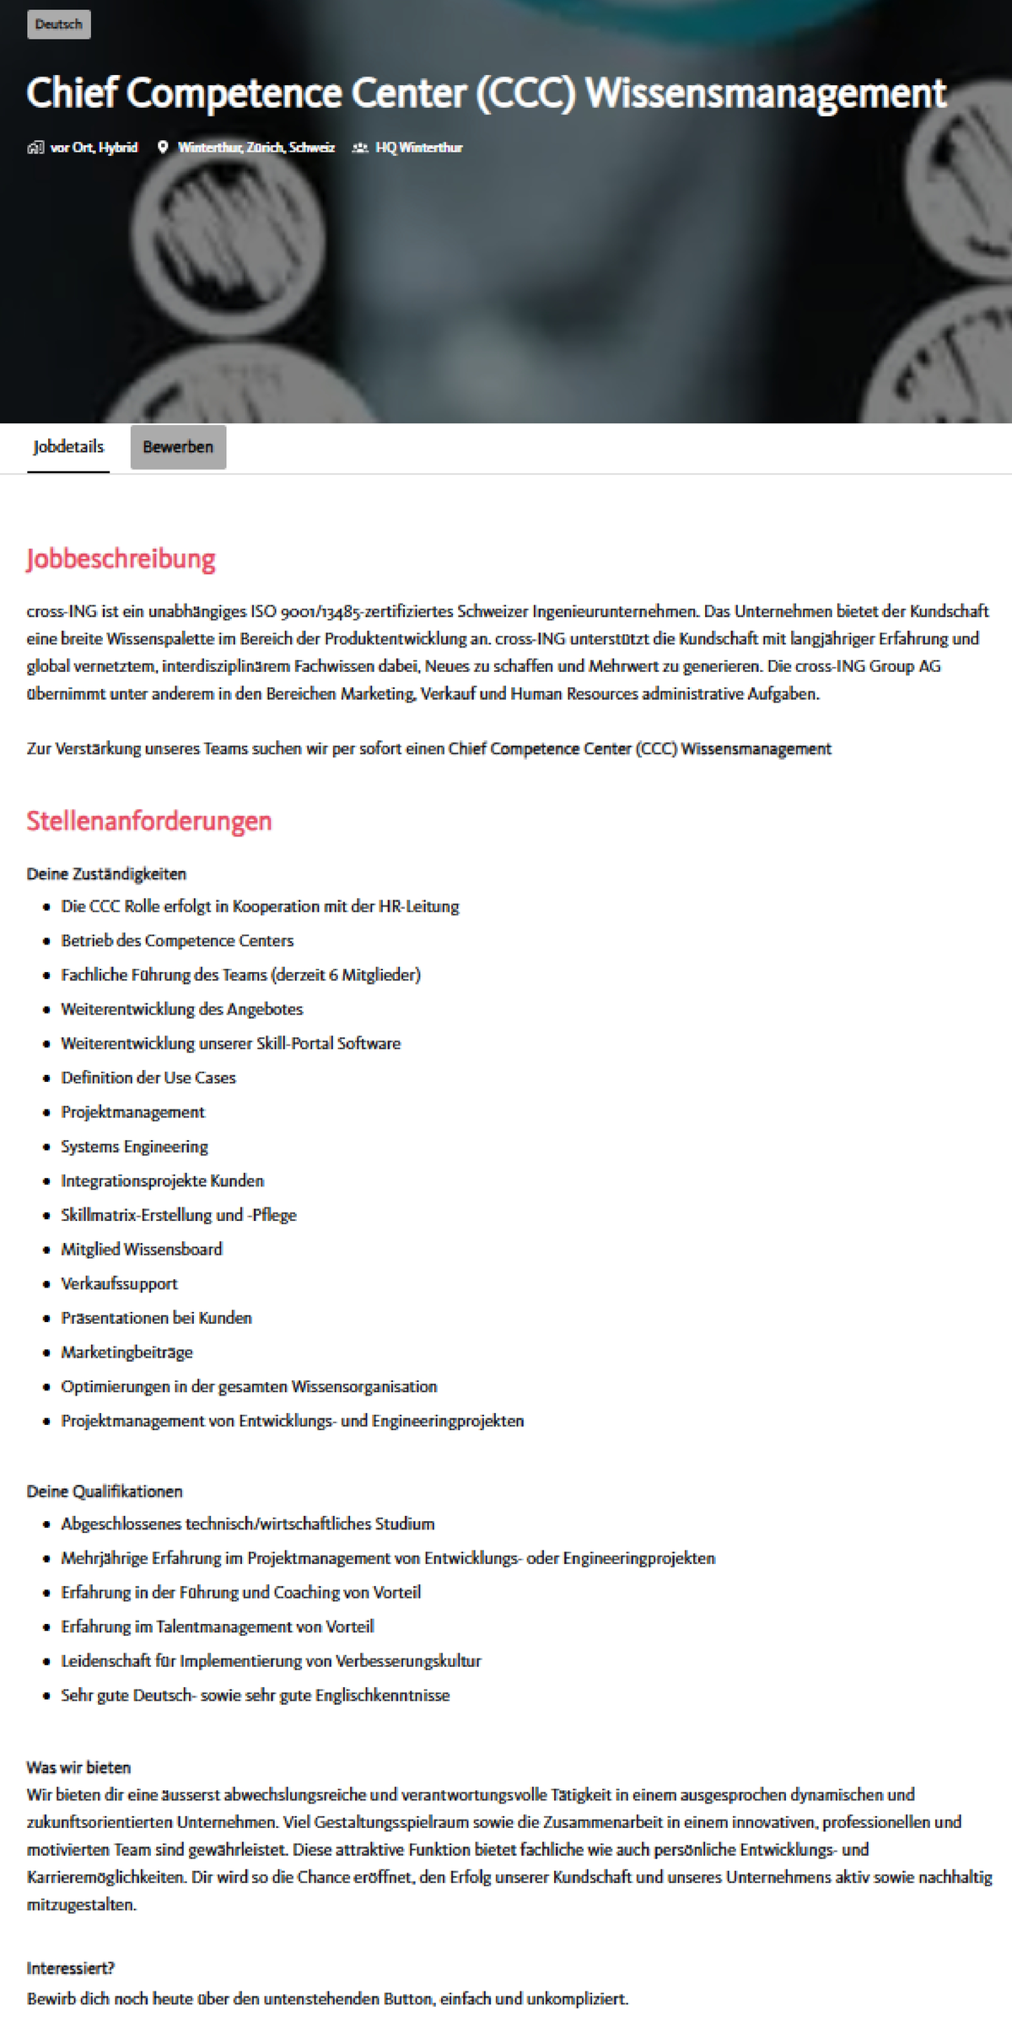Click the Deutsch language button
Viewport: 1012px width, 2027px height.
[x=58, y=24]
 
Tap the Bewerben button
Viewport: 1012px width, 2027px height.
[x=178, y=447]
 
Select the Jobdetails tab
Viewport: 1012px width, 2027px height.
[x=68, y=447]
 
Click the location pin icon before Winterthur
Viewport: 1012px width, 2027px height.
[x=163, y=148]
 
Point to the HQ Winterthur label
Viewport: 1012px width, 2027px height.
[x=418, y=148]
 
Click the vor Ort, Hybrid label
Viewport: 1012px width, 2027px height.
[x=94, y=148]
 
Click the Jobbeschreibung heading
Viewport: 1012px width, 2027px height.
[x=121, y=558]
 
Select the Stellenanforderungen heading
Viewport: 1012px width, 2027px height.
[x=149, y=820]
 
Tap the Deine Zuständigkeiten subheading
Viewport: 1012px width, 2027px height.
[x=106, y=874]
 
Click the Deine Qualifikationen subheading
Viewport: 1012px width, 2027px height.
[x=105, y=1491]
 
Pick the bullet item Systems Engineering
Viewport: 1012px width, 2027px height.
[x=134, y=1146]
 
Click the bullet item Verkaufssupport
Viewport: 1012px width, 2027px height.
[x=119, y=1283]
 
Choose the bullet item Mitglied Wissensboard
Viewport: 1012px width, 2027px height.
[x=142, y=1249]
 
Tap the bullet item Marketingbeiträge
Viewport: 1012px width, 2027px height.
[x=126, y=1352]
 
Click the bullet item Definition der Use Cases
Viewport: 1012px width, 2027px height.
[x=148, y=1078]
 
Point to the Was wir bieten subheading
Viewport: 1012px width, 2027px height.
[x=78, y=1766]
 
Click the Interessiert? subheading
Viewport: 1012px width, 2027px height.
[x=71, y=1968]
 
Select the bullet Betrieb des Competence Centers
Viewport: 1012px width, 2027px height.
[x=177, y=940]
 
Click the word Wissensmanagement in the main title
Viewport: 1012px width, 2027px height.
[x=766, y=94]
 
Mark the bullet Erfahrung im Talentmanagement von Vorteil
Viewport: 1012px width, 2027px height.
[x=218, y=1626]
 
